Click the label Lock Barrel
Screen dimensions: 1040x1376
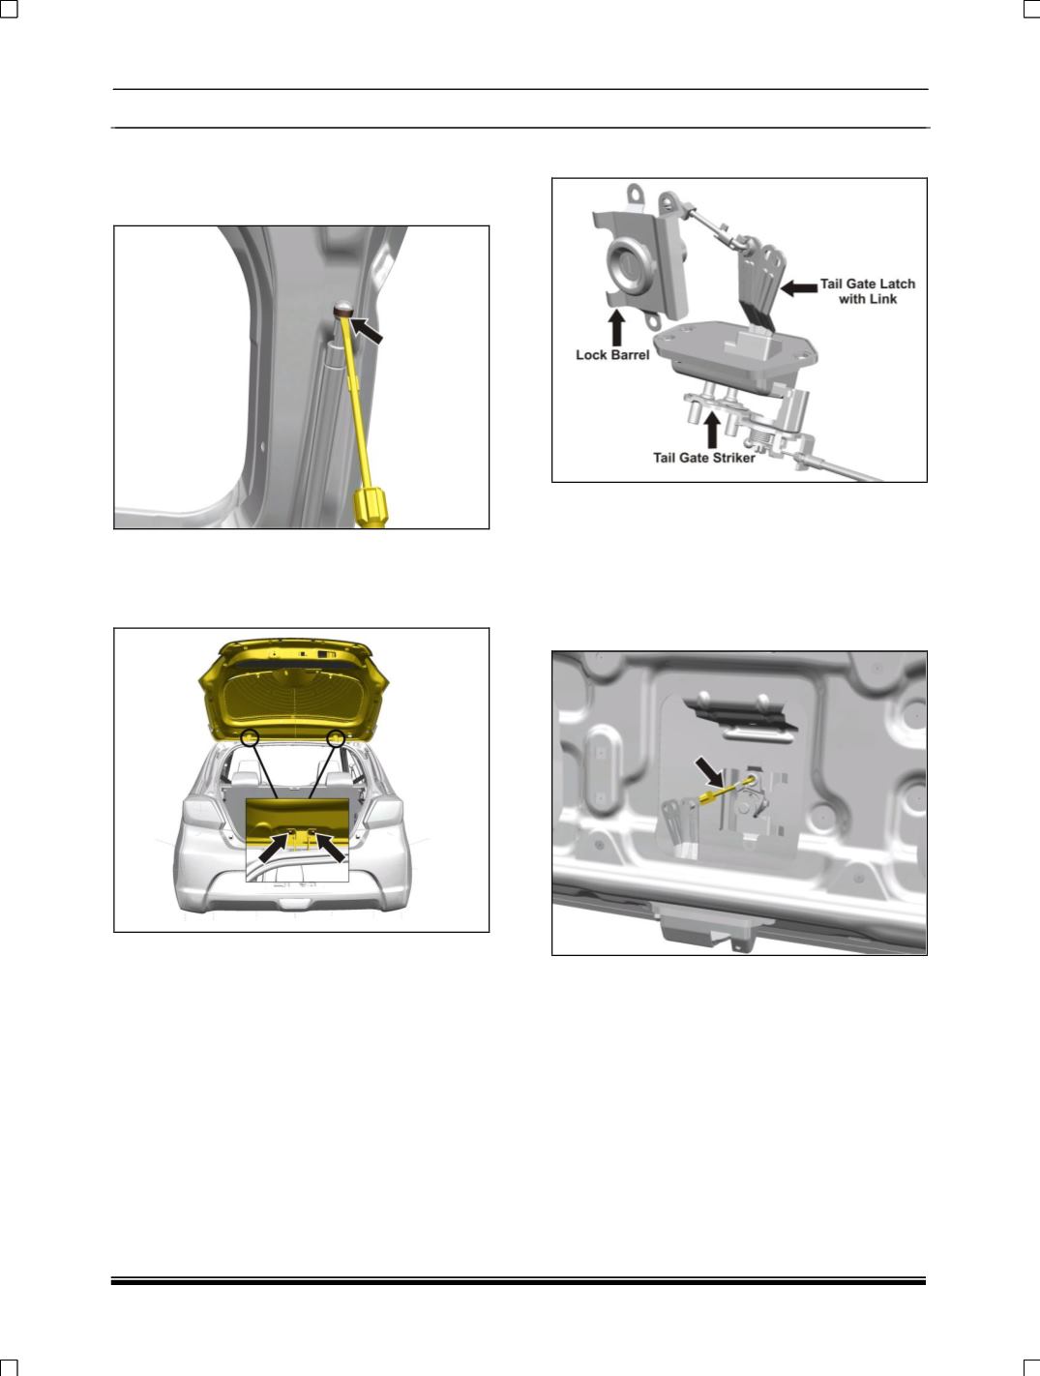click(612, 355)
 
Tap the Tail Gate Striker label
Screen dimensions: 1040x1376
click(704, 458)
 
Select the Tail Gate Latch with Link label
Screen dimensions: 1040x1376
click(868, 291)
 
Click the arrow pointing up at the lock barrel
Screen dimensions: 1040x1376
click(617, 328)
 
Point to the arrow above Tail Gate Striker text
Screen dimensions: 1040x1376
click(712, 430)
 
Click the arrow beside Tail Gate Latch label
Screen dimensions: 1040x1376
click(799, 287)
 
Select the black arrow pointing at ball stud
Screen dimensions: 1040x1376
click(366, 330)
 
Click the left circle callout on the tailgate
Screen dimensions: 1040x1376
click(250, 737)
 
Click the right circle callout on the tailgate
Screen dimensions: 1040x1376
click(337, 738)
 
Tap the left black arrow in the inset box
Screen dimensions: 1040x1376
click(274, 848)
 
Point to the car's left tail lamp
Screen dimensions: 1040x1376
click(200, 814)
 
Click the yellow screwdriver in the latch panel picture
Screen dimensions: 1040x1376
click(727, 789)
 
